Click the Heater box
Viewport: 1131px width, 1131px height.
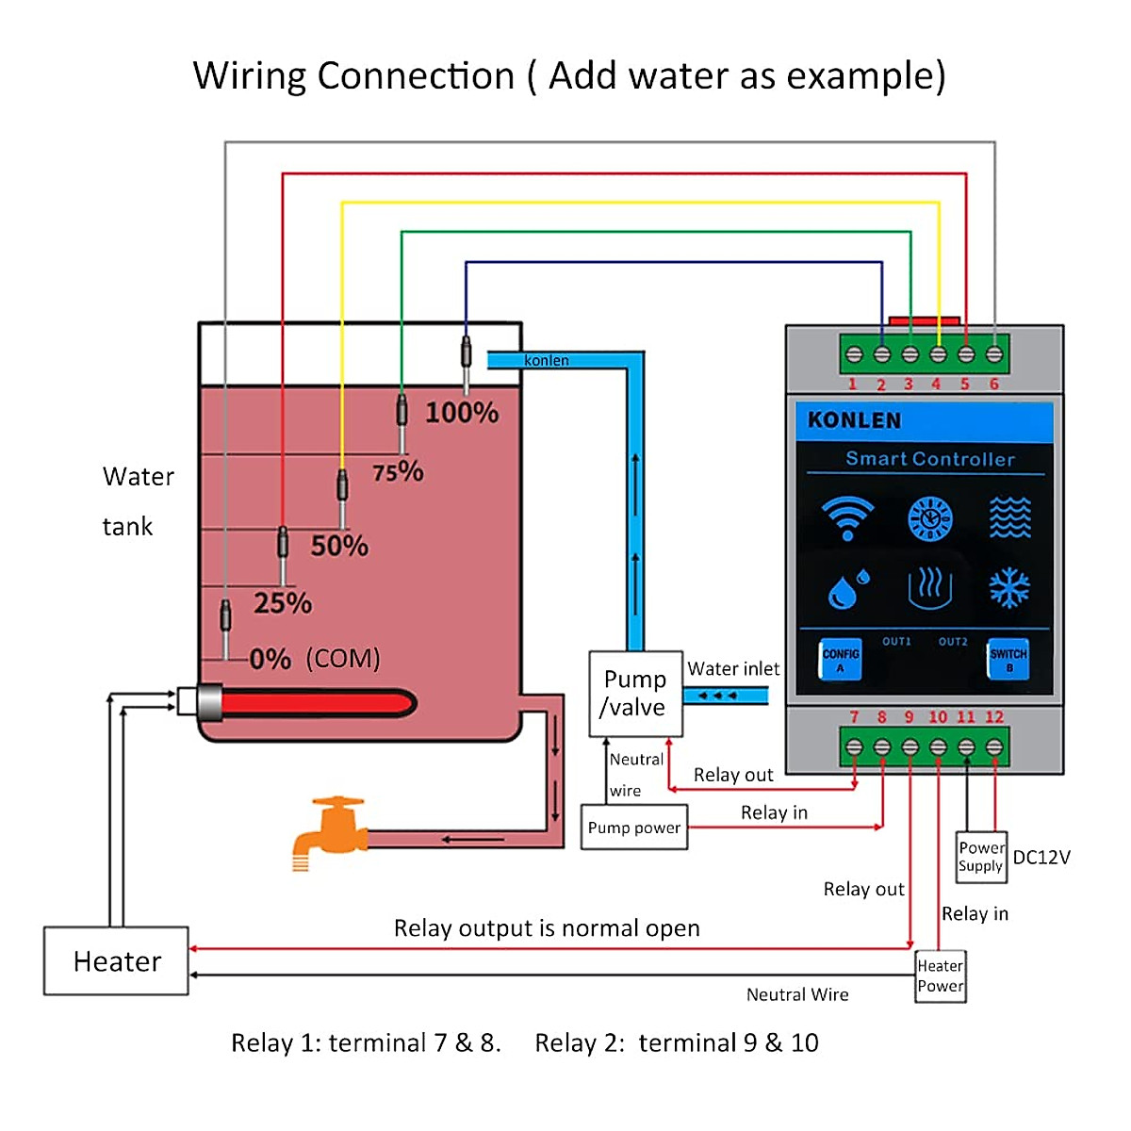click(116, 960)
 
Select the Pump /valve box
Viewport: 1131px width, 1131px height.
click(635, 694)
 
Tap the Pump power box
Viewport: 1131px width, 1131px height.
click(633, 828)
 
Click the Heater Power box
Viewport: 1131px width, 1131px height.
click(940, 976)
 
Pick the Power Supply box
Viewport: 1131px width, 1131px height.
click(981, 857)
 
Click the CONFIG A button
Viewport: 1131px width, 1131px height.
click(840, 659)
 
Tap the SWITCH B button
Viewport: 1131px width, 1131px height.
click(1008, 659)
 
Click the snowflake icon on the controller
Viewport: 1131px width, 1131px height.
click(1008, 588)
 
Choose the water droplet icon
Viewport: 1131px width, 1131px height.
click(847, 589)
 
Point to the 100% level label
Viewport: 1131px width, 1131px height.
click(461, 413)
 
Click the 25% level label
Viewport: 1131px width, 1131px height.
click(282, 603)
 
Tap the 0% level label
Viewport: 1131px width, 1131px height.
click(270, 659)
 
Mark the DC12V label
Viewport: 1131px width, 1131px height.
click(1041, 857)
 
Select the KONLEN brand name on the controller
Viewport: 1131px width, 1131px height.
click(854, 420)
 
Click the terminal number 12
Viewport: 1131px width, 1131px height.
click(994, 717)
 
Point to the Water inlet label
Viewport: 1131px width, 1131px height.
click(733, 668)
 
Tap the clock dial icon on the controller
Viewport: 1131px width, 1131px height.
click(929, 518)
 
